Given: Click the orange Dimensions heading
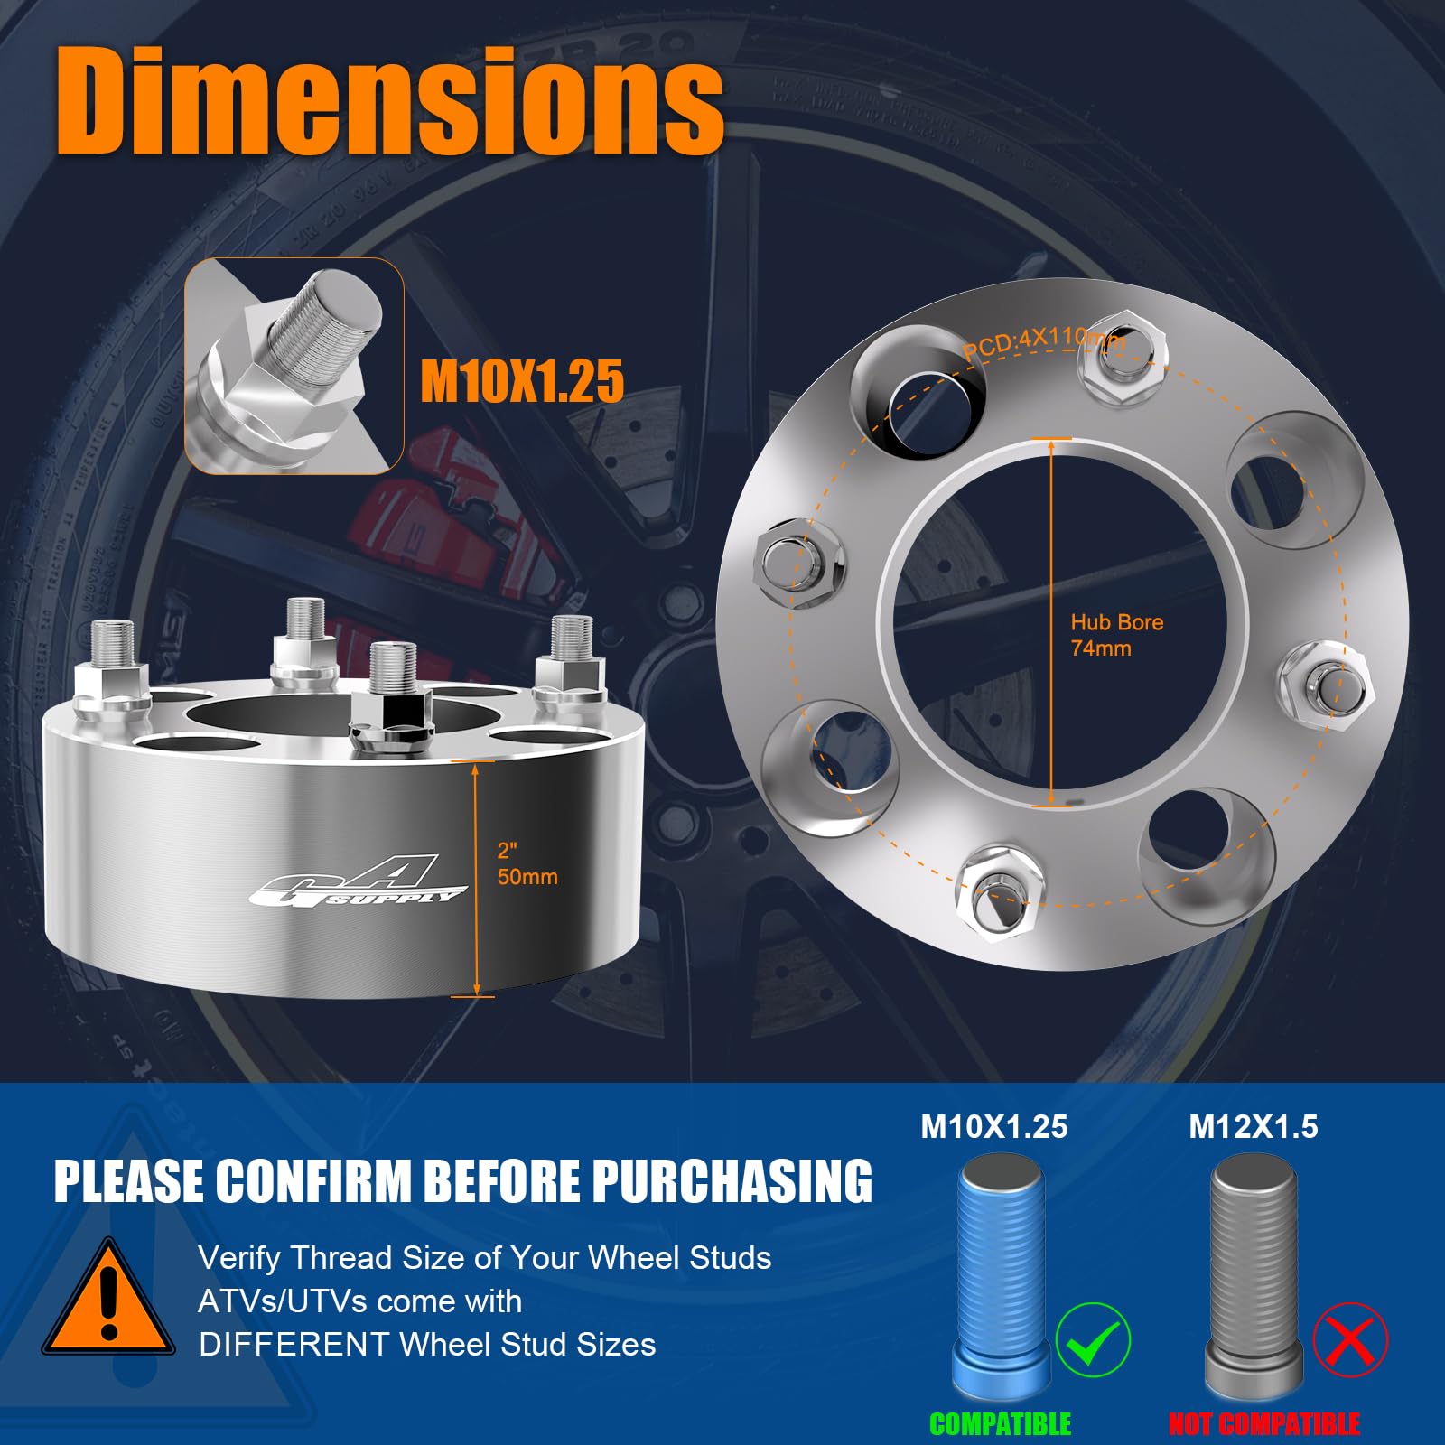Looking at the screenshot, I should tap(390, 99).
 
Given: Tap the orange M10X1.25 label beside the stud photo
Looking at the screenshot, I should tap(522, 380).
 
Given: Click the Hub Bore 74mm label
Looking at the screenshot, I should tap(1116, 635).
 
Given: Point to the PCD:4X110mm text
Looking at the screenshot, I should tap(1044, 342).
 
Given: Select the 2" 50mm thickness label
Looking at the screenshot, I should tap(527, 864).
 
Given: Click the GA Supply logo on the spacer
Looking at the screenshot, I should tap(356, 881).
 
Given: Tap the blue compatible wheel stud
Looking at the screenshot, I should tap(1001, 1273).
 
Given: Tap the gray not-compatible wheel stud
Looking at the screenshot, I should tap(1254, 1273).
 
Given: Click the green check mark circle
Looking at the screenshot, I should tap(1093, 1340).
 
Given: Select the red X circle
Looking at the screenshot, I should tap(1350, 1340).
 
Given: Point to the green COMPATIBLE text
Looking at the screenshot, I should tap(1000, 1424).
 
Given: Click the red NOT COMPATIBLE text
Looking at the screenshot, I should tap(1263, 1424).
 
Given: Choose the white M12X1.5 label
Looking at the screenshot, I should tap(1253, 1127).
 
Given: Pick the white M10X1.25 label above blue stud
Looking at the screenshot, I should tap(993, 1127).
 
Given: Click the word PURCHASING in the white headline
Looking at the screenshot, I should tap(732, 1181).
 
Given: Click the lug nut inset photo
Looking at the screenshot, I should tap(294, 366).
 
